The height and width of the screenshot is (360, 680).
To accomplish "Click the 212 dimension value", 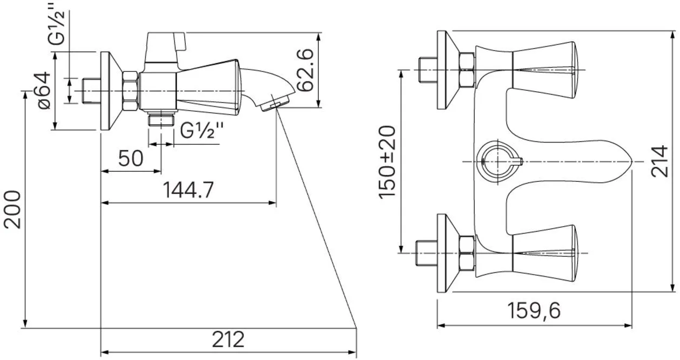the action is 228,339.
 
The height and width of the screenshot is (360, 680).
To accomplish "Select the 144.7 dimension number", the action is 188,190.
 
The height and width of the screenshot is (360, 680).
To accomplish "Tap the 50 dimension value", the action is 131,158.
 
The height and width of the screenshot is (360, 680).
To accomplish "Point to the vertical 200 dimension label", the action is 12,209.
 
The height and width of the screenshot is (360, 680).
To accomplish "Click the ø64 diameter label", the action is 43,90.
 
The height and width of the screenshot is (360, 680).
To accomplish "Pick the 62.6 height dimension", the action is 305,70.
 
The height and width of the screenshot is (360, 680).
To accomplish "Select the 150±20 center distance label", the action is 387,162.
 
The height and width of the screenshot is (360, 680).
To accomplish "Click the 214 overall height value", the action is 659,161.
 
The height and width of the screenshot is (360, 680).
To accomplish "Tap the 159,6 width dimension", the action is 534,310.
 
